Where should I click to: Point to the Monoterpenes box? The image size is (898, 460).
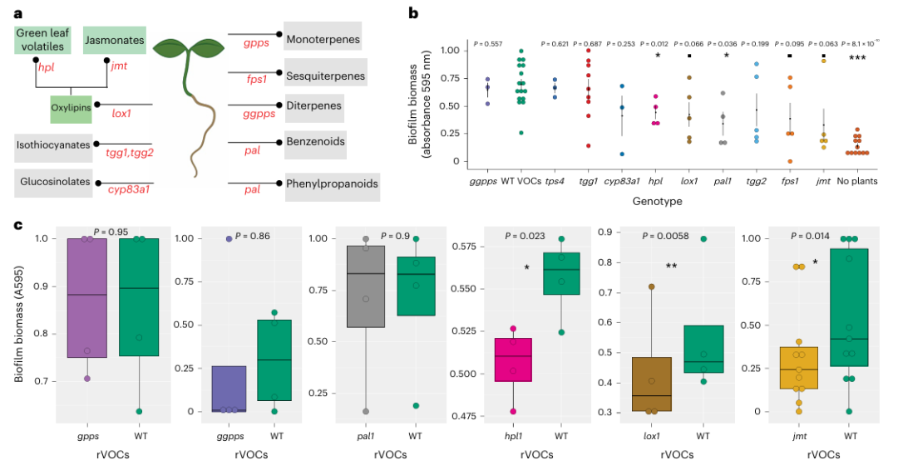click(x=323, y=39)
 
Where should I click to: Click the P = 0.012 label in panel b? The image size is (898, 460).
click(x=657, y=43)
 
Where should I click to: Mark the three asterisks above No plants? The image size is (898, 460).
click(x=856, y=57)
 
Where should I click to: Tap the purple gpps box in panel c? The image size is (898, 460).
click(x=87, y=298)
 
